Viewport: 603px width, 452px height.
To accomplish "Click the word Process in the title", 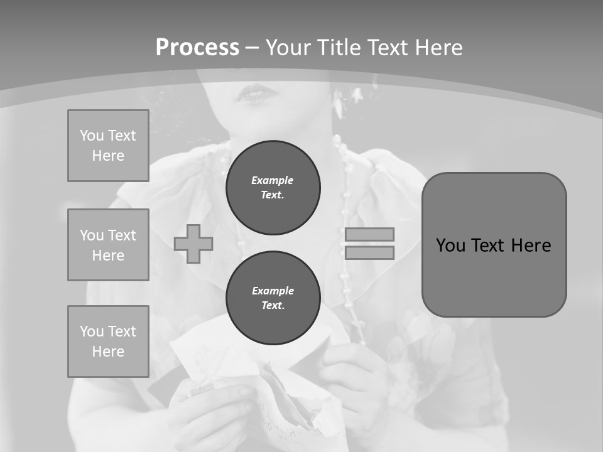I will coord(197,48).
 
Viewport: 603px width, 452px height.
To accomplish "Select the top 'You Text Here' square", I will coord(108,146).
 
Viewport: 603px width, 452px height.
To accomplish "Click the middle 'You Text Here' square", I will coord(108,245).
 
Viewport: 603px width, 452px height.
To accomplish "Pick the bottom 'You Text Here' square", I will coord(108,341).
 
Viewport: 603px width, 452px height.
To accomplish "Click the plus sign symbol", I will coord(193,244).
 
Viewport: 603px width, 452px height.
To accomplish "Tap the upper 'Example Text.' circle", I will coord(273,188).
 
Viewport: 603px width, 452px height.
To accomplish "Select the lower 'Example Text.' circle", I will coord(273,298).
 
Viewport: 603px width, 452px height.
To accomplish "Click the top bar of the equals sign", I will coord(369,234).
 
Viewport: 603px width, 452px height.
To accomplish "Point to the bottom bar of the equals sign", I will coord(369,253).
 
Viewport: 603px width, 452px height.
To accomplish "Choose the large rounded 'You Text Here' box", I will coord(494,245).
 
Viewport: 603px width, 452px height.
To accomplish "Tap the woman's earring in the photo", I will coord(339,104).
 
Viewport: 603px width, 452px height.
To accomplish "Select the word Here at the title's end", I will coord(434,48).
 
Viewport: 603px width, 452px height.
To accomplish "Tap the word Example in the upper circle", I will coord(273,180).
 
